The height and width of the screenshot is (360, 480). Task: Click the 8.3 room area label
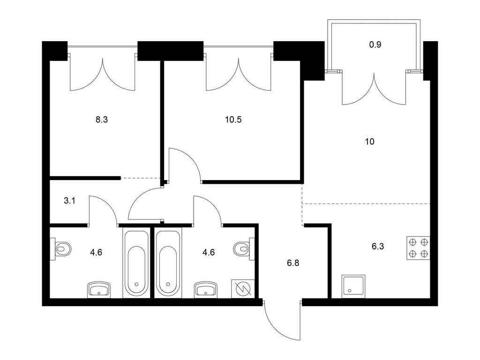coord(102,120)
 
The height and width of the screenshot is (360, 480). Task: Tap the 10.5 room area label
coord(233,120)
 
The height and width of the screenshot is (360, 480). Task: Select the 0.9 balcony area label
coord(375,45)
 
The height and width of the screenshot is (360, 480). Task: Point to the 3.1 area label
coord(69,201)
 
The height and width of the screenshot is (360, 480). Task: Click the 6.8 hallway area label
coord(293,263)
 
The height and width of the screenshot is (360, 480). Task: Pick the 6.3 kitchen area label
coord(378,247)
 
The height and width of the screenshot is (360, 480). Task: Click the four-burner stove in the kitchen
coord(418,248)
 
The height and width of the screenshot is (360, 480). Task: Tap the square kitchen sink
coord(353,286)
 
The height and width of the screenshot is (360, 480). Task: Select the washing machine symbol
coord(243,288)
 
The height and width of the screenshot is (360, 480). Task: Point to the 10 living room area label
coord(370,142)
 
